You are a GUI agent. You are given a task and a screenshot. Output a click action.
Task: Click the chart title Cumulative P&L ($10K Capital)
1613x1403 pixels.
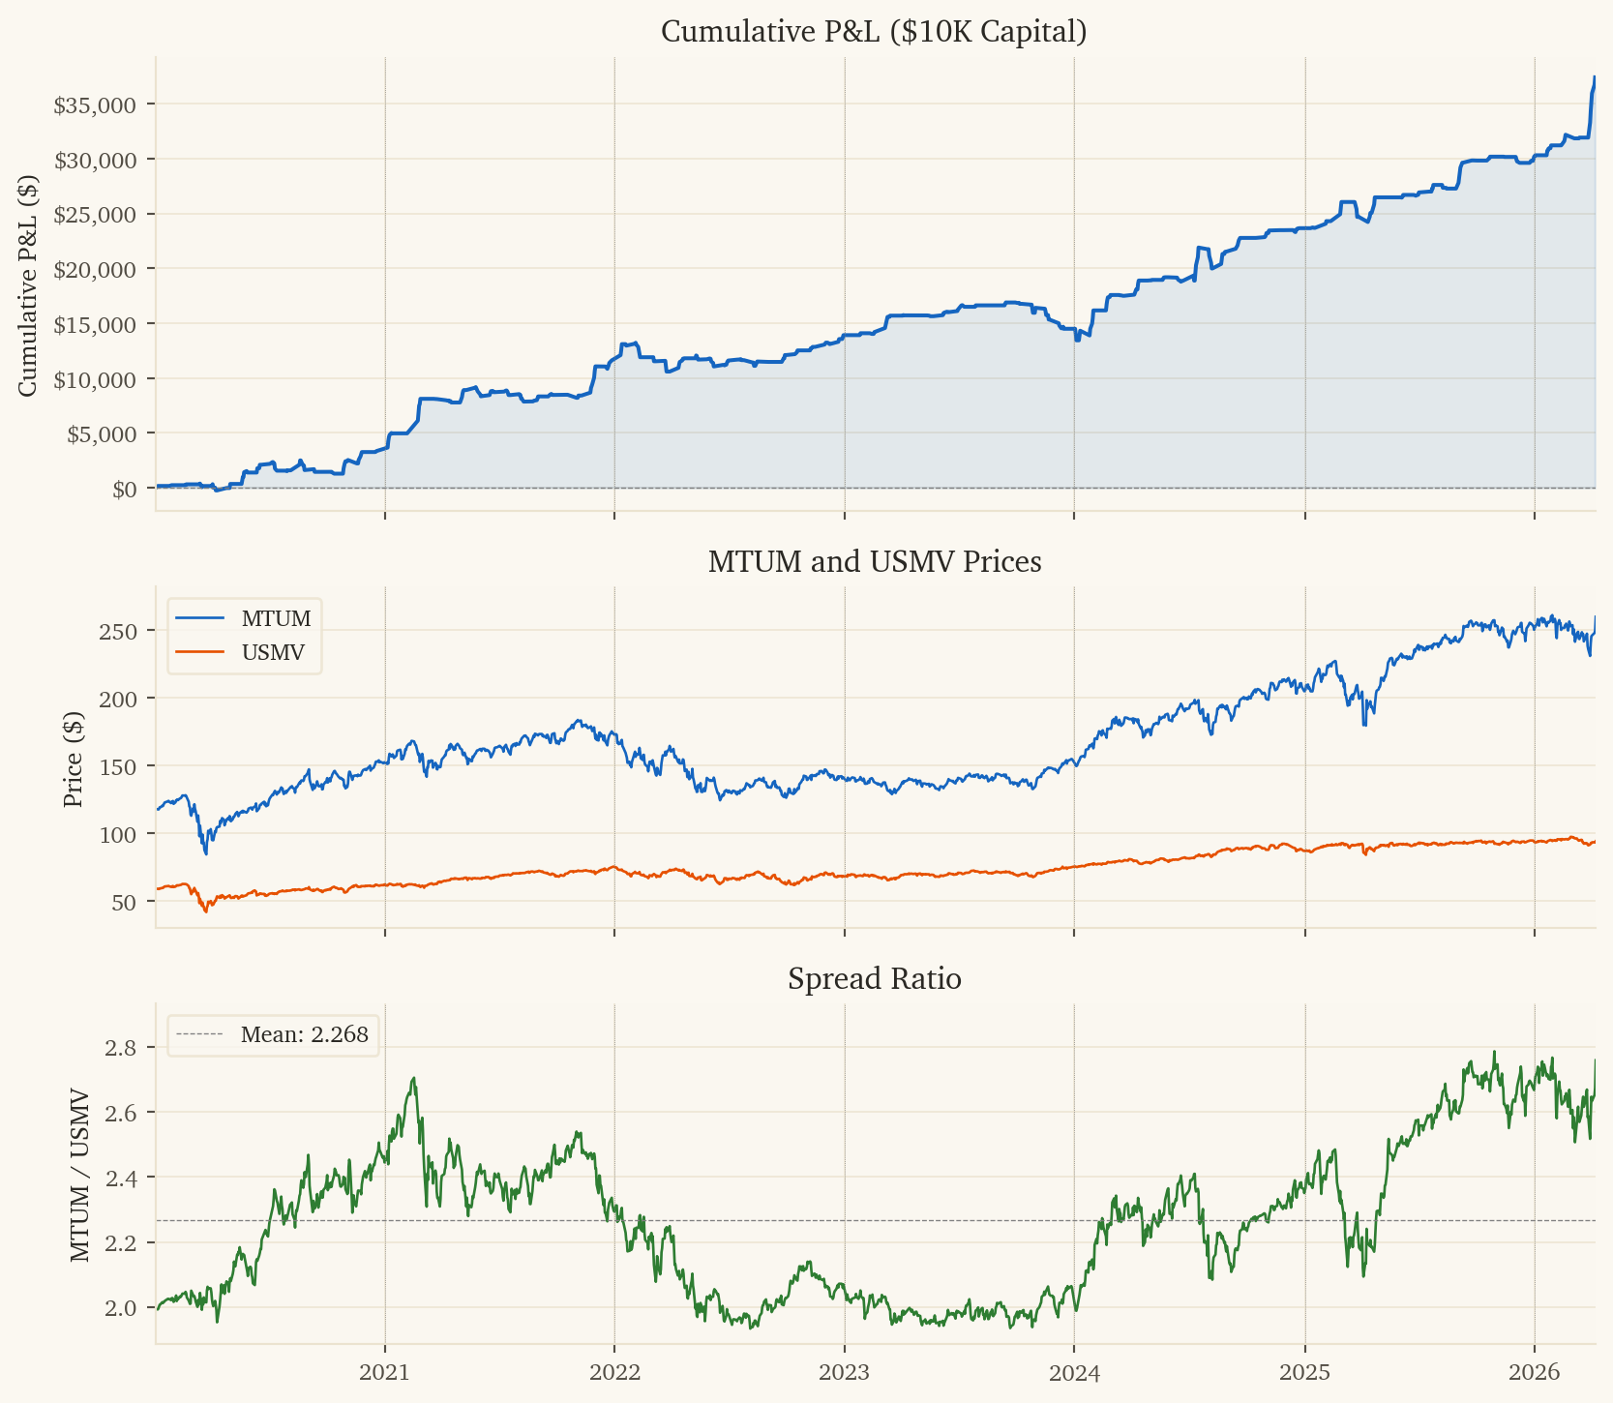[x=874, y=32]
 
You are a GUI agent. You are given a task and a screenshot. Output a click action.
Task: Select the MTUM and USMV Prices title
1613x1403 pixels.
[x=874, y=562]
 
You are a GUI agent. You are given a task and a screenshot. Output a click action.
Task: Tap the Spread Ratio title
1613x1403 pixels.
[x=874, y=979]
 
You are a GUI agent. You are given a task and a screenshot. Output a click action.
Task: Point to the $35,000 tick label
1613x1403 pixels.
[x=95, y=104]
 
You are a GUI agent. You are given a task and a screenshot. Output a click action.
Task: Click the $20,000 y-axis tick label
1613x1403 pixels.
[x=95, y=269]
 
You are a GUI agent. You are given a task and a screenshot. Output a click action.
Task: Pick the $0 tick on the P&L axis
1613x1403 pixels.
[x=125, y=489]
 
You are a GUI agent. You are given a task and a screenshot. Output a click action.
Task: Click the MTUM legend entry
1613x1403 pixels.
[x=276, y=618]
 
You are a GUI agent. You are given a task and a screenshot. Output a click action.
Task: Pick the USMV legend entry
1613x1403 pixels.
[x=273, y=653]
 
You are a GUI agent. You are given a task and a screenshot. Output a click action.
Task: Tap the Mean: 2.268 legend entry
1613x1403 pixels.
[x=304, y=1034]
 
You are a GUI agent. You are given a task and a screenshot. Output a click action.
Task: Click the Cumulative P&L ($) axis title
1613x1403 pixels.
[x=28, y=285]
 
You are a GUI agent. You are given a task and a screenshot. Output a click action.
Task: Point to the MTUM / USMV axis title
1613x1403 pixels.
[x=80, y=1176]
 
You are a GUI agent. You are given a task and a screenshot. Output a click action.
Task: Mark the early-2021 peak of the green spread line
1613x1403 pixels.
[x=414, y=1078]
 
